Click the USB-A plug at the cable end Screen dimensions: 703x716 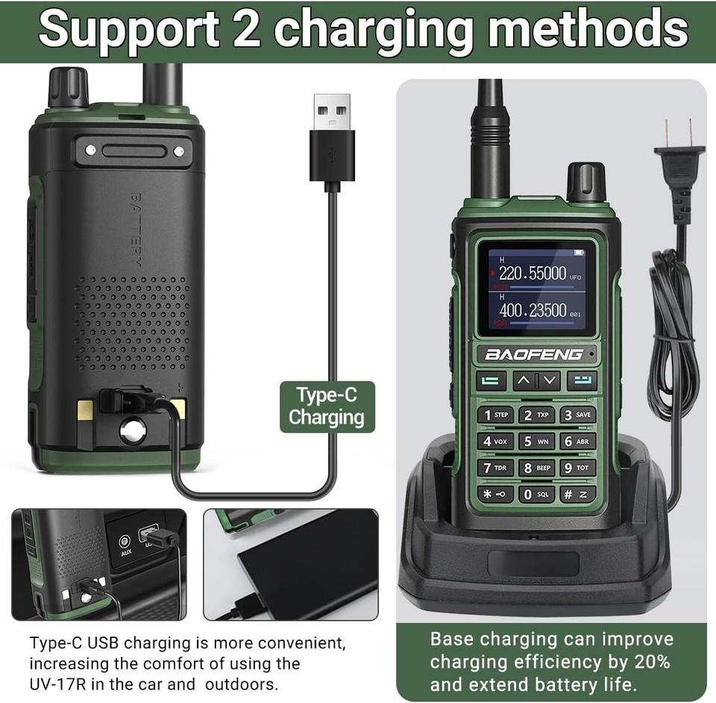332,139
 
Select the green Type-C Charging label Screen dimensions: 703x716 327,407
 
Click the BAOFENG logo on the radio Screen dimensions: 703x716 534,354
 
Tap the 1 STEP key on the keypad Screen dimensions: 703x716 495,415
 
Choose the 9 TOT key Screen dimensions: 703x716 577,468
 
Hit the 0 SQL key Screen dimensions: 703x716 536,494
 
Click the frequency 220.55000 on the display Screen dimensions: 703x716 532,273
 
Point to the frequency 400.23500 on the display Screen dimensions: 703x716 533,310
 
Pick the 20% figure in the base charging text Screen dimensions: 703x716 653,661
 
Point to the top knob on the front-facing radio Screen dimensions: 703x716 585,181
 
